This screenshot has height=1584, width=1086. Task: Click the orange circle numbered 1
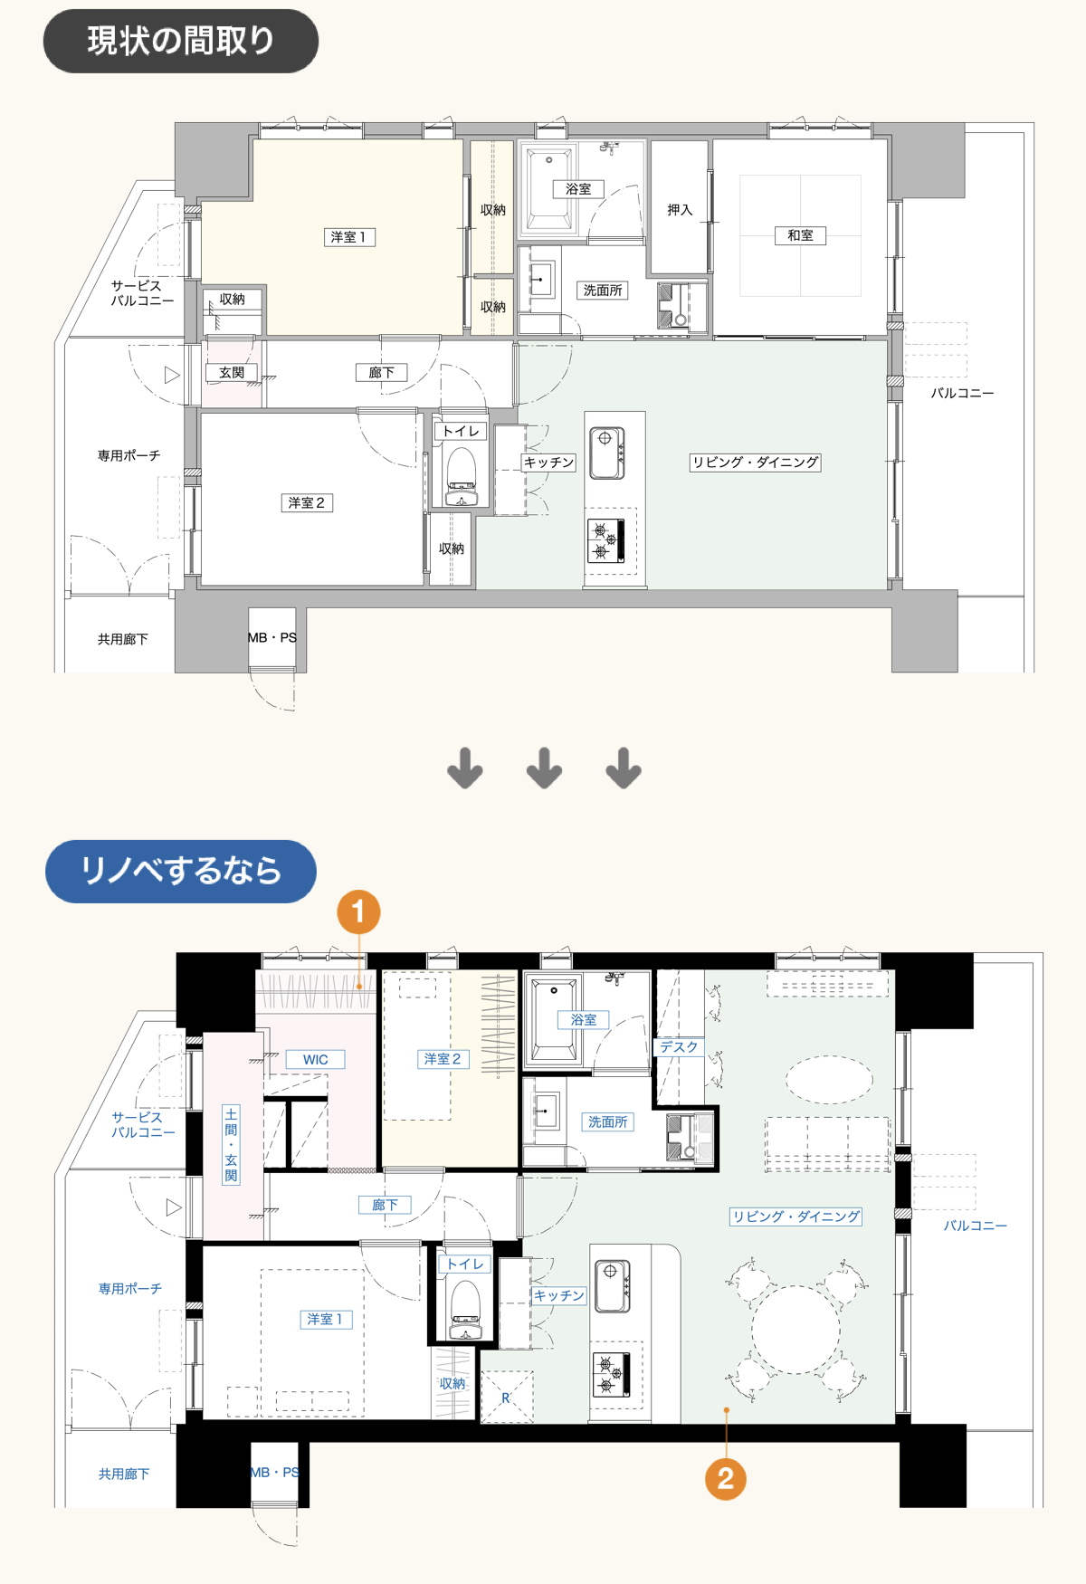coord(358,911)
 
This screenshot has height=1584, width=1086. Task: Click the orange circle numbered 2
coord(726,1478)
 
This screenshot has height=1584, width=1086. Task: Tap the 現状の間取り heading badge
coord(181,41)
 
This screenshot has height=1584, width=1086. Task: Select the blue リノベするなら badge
coord(181,871)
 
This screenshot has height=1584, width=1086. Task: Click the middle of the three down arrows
coord(544,768)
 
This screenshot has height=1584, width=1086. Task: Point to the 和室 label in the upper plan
coord(800,235)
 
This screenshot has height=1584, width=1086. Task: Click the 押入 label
coord(680,210)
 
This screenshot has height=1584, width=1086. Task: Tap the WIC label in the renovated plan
coord(315,1060)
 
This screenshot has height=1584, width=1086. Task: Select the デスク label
coord(679,1047)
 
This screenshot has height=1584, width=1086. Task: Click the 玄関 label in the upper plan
coord(232,372)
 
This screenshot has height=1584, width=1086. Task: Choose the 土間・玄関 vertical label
coord(231,1144)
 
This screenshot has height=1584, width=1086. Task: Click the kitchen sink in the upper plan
coord(607,453)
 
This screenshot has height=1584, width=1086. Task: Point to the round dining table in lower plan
coord(795,1330)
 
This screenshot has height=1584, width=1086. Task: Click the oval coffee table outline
coord(829,1079)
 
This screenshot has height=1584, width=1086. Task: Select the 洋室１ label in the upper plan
coord(349,237)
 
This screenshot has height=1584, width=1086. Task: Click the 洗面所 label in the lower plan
coord(607,1122)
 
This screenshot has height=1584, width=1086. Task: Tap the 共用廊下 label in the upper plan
coord(123,639)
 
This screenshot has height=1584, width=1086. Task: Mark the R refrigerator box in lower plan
coord(506,1398)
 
